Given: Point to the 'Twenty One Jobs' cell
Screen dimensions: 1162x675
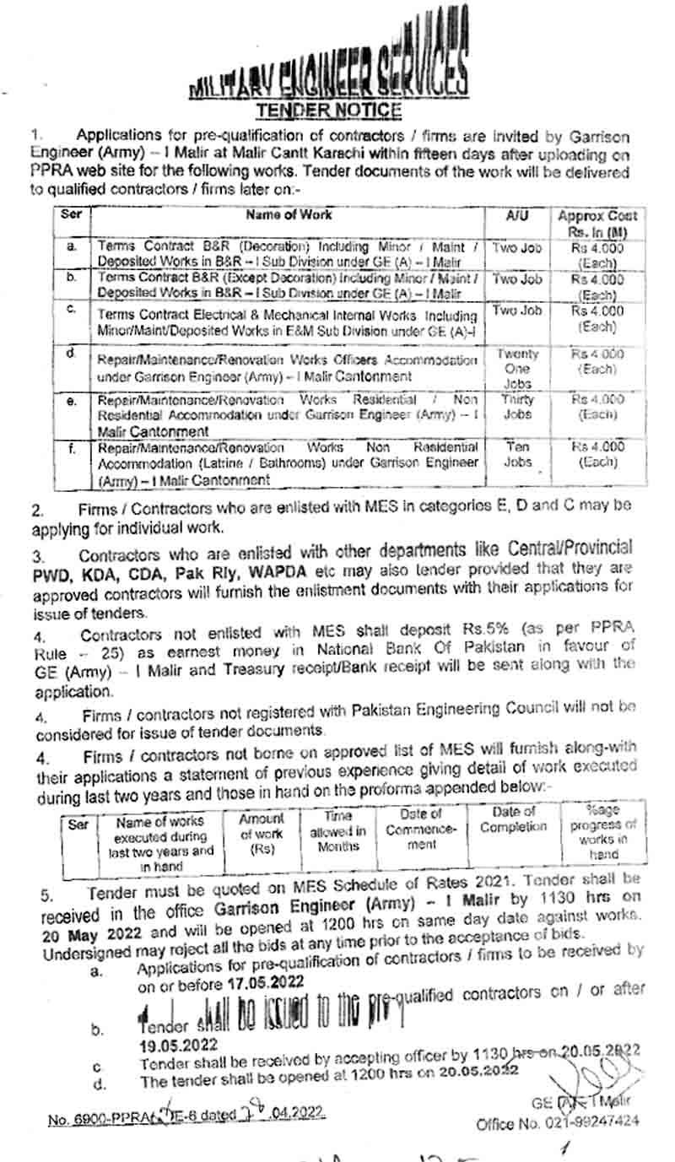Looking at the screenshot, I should click(x=517, y=369).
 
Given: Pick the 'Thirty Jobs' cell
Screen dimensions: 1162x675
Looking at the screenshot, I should click(x=517, y=408).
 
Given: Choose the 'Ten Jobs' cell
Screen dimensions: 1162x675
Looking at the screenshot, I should click(x=517, y=454).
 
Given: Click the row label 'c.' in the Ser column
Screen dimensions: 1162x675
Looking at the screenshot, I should click(x=73, y=310).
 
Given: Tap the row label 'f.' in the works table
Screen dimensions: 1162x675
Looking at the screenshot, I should click(x=73, y=449).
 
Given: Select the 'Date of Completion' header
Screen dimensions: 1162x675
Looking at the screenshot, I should click(x=514, y=819).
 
